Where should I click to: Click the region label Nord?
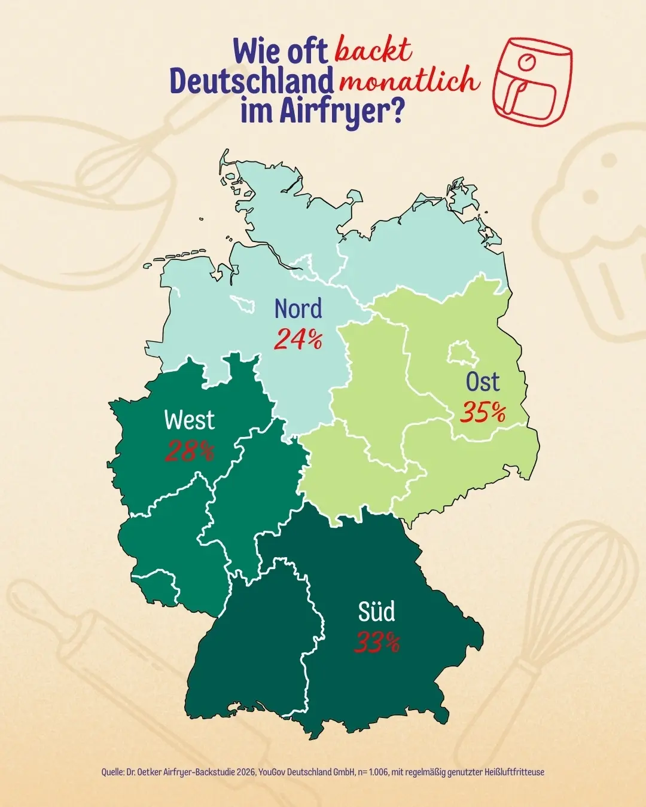(298, 309)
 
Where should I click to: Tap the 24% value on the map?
(298, 340)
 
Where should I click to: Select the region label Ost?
(483, 381)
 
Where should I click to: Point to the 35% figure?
(483, 412)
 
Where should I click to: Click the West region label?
(189, 420)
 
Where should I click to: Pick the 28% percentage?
(189, 451)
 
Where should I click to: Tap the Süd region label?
(377, 612)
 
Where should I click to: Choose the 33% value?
(377, 643)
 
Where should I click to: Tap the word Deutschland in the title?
(251, 81)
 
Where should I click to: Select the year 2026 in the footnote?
(245, 772)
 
